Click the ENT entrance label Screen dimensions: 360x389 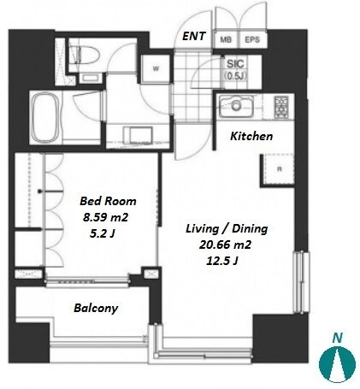(194, 36)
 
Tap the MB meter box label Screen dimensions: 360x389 (226, 39)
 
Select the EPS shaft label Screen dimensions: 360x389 (252, 39)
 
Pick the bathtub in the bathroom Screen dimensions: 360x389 (45, 117)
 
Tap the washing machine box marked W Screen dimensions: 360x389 (156, 68)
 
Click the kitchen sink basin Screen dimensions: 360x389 (236, 106)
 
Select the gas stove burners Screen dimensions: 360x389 (281, 107)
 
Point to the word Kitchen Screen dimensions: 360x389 (251, 136)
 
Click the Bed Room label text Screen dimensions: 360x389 (108, 201)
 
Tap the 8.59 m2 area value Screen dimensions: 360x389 (105, 218)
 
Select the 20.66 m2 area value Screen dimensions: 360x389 (225, 245)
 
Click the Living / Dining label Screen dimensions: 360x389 (227, 229)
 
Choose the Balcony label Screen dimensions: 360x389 (96, 309)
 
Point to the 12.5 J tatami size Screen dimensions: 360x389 (222, 261)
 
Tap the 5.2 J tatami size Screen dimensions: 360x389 (102, 234)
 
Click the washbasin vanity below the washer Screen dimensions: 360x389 (139, 135)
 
